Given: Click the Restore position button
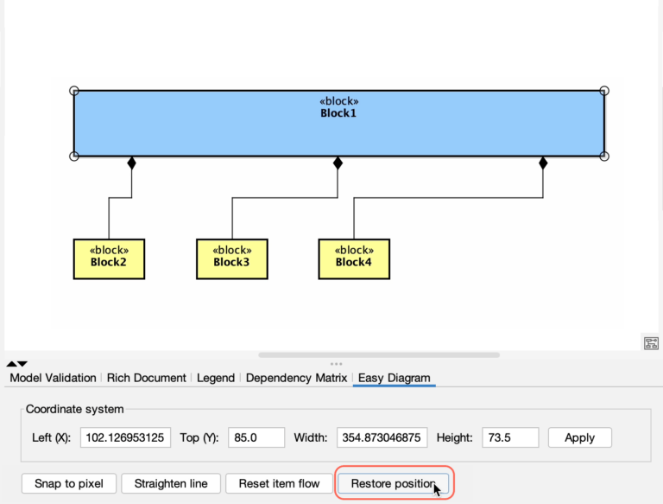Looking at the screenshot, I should tap(393, 483).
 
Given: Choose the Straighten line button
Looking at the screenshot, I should tap(171, 483).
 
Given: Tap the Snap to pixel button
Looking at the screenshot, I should tap(68, 483).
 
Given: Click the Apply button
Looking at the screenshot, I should tap(579, 437).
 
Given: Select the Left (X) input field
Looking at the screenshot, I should tap(125, 437).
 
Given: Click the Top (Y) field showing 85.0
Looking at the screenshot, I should tap(256, 437).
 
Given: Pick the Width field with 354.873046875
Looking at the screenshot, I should tap(382, 437).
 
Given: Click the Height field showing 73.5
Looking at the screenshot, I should tap(510, 437).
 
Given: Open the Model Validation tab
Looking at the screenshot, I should tap(53, 378).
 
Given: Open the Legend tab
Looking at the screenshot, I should tap(216, 378).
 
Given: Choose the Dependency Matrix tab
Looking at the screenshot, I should tap(296, 378).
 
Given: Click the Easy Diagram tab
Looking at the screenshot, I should tap(395, 378).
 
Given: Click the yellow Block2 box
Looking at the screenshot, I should tap(109, 258).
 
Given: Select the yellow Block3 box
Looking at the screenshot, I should tap(231, 258).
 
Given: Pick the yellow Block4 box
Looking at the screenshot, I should tap(354, 258).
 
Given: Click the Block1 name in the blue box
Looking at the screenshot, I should tap(338, 113).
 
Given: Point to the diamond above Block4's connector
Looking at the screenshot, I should tap(543, 163).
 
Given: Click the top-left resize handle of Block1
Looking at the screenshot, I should tap(74, 91).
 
